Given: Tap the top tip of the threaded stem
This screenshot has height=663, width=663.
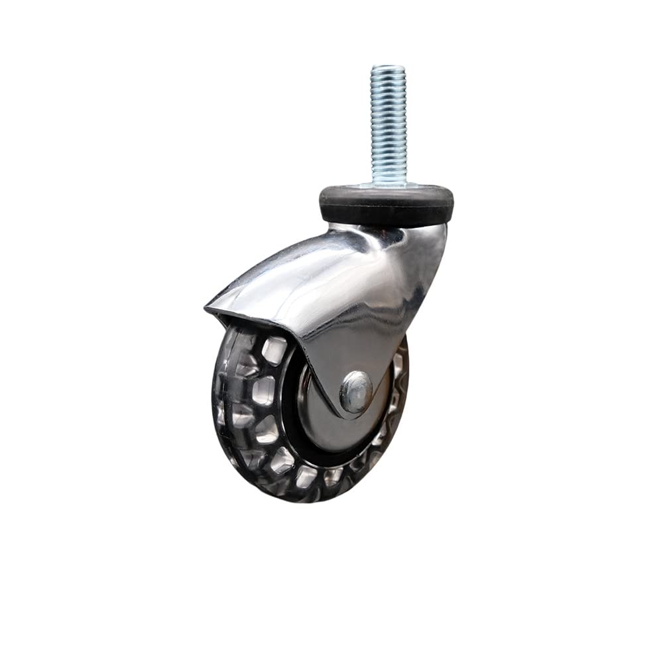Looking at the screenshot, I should tap(388, 66).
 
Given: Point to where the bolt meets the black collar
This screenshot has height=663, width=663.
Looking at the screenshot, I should tap(388, 185).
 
